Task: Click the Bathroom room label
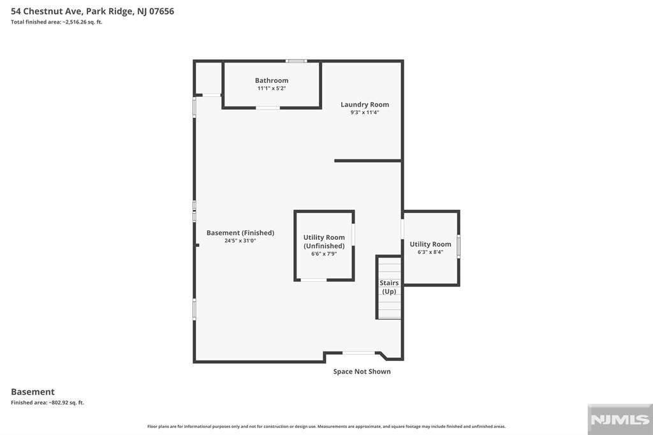tap(272, 80)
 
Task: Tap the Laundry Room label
tap(365, 105)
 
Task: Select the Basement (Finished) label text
tap(240, 233)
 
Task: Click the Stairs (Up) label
tap(389, 287)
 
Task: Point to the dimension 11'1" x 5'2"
tap(272, 88)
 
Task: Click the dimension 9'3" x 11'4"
tap(365, 112)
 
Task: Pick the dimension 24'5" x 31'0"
tap(240, 241)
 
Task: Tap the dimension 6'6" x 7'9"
tap(324, 254)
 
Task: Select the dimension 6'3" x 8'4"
tap(430, 252)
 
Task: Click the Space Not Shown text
tap(362, 372)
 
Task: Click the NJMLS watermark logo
tap(620, 420)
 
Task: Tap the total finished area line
tap(57, 22)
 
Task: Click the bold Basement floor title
tap(33, 392)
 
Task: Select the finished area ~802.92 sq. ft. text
tap(47, 402)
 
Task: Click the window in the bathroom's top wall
tap(297, 61)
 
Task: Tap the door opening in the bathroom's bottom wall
tap(268, 108)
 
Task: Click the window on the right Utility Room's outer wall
tap(459, 246)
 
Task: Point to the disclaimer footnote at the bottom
tap(326, 426)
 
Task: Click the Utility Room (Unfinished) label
tap(324, 242)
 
